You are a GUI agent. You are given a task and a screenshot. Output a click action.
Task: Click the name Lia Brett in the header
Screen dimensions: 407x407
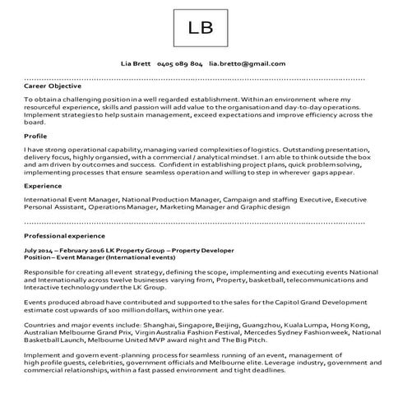pyautogui.click(x=136, y=63)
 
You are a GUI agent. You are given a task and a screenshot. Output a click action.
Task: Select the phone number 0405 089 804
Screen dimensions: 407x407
pyautogui.click(x=179, y=63)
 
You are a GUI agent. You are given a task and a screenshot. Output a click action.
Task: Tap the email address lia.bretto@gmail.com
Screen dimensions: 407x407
pyautogui.click(x=247, y=63)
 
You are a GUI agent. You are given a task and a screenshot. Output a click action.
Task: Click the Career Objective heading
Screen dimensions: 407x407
pyautogui.click(x=55, y=85)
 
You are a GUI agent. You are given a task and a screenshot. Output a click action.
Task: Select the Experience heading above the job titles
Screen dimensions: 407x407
pyautogui.click(x=44, y=186)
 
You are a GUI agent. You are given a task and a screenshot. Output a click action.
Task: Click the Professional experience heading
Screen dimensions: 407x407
pyautogui.click(x=65, y=236)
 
